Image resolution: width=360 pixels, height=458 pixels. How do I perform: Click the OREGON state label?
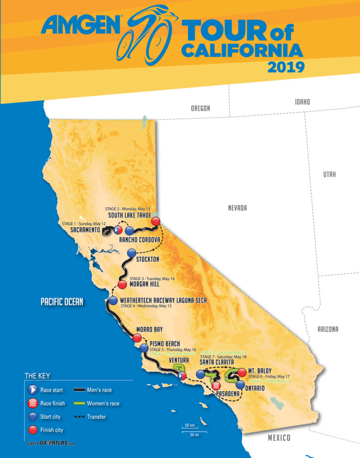pyautogui.click(x=200, y=109)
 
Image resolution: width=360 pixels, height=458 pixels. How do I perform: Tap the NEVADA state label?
pyautogui.click(x=237, y=208)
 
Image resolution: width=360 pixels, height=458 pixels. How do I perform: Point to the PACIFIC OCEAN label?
pyautogui.click(x=61, y=302)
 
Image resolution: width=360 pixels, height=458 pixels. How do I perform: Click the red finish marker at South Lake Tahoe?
pyautogui.click(x=156, y=222)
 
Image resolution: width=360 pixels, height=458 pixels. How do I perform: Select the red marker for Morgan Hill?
pyautogui.click(x=122, y=285)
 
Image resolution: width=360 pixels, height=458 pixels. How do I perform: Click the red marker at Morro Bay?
pyautogui.click(x=137, y=338)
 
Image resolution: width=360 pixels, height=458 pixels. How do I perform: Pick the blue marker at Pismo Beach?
pyautogui.click(x=143, y=348)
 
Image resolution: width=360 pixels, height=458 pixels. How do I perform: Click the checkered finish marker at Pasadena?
pyautogui.click(x=216, y=386)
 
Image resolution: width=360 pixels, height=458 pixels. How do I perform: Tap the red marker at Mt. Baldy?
pyautogui.click(x=242, y=372)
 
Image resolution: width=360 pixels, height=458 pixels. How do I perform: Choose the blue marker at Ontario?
pyautogui.click(x=240, y=384)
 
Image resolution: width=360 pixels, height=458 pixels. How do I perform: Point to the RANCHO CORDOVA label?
pyautogui.click(x=141, y=240)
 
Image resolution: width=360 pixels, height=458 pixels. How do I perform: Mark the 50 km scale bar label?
pyautogui.click(x=189, y=425)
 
